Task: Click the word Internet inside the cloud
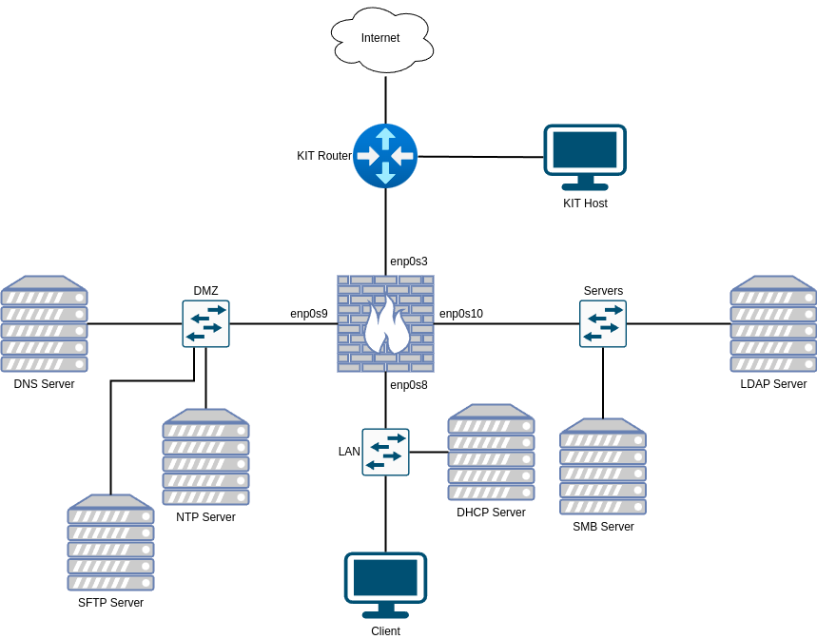pyautogui.click(x=380, y=38)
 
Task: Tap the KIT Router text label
pyautogui.click(x=324, y=156)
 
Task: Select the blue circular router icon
pyautogui.click(x=385, y=156)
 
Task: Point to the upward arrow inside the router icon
pyautogui.click(x=385, y=138)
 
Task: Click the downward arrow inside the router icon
pyautogui.click(x=385, y=173)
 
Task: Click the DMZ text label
pyautogui.click(x=206, y=291)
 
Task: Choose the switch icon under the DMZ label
pyautogui.click(x=206, y=323)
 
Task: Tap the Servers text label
pyautogui.click(x=603, y=291)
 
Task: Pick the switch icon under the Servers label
pyautogui.click(x=603, y=323)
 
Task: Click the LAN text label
pyautogui.click(x=349, y=452)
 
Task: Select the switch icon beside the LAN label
pyautogui.click(x=385, y=452)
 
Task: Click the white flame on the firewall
pyautogui.click(x=386, y=325)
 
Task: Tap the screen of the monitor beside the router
pyautogui.click(x=585, y=149)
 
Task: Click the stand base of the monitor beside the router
pyautogui.click(x=585, y=186)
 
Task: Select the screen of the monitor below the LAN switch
pyautogui.click(x=385, y=577)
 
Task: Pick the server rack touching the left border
pyautogui.click(x=44, y=324)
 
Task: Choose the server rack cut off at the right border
pyautogui.click(x=773, y=324)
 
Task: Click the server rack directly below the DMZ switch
pyautogui.click(x=206, y=457)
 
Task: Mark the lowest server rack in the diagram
pyautogui.click(x=110, y=543)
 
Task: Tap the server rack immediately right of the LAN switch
pyautogui.click(x=491, y=453)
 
